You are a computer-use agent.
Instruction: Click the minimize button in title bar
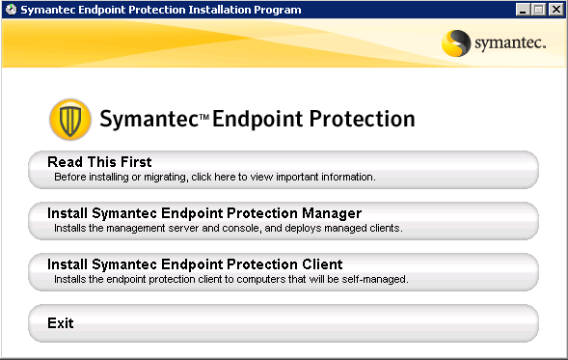[523, 9]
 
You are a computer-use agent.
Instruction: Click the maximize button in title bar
[539, 9]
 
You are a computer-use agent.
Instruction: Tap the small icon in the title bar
[10, 9]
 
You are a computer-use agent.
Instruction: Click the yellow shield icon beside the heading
[69, 120]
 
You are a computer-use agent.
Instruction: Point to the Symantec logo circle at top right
[456, 43]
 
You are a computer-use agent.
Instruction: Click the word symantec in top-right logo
[510, 44]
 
